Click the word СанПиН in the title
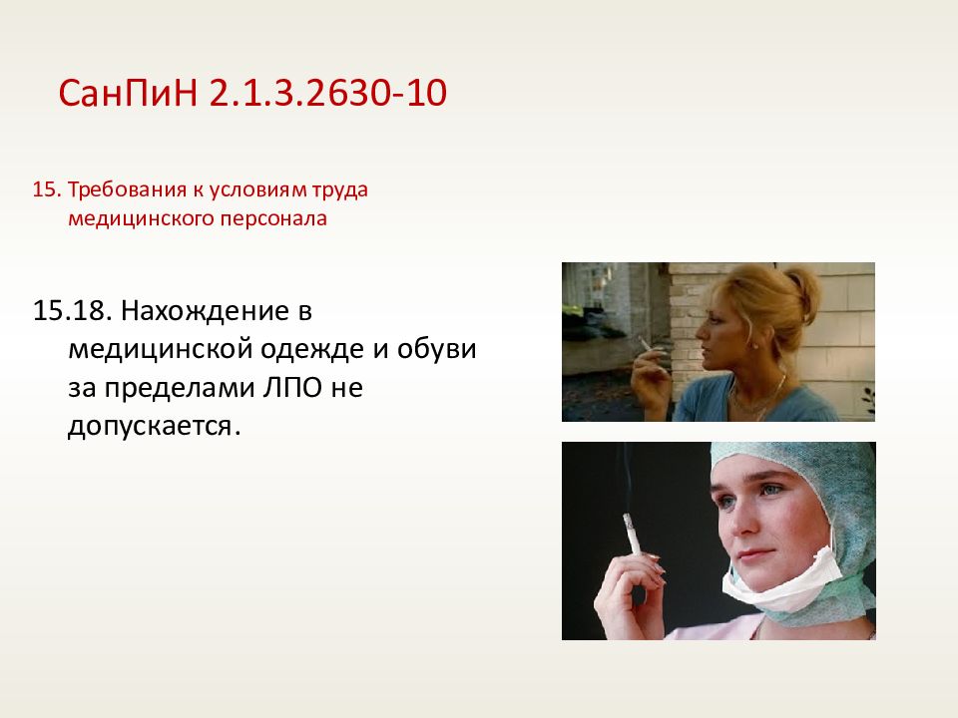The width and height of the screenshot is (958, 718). (129, 93)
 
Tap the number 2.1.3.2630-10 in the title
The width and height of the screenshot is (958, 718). (328, 93)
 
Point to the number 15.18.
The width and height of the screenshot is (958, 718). (73, 311)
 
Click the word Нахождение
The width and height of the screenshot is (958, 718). (206, 312)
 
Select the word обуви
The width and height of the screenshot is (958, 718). (436, 349)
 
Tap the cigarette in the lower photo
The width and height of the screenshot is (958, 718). (632, 533)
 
